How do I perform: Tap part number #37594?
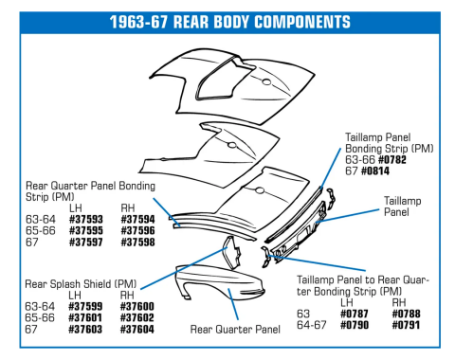[x=137, y=219]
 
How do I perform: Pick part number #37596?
[x=137, y=230]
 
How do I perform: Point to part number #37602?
[x=137, y=317]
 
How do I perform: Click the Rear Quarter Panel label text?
[x=235, y=329]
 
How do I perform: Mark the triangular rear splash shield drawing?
[x=227, y=257]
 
